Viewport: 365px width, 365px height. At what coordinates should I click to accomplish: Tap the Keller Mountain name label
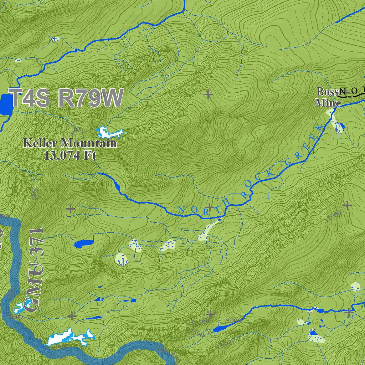coord(70,143)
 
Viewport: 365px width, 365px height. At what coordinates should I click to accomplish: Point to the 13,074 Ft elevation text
coord(70,155)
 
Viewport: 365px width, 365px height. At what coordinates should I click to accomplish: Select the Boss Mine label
coord(327,97)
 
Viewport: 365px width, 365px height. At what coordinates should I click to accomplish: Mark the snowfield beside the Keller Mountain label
coord(108,133)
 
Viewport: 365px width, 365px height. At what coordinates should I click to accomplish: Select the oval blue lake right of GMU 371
coord(84,244)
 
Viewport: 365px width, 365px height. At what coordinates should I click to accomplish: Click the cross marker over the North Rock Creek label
coord(210,207)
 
